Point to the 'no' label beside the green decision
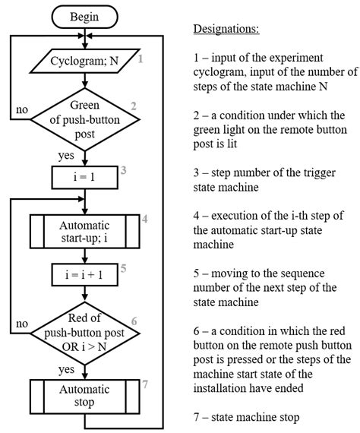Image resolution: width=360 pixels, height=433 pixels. click(x=21, y=109)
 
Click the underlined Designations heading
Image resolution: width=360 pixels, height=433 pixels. click(x=226, y=30)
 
